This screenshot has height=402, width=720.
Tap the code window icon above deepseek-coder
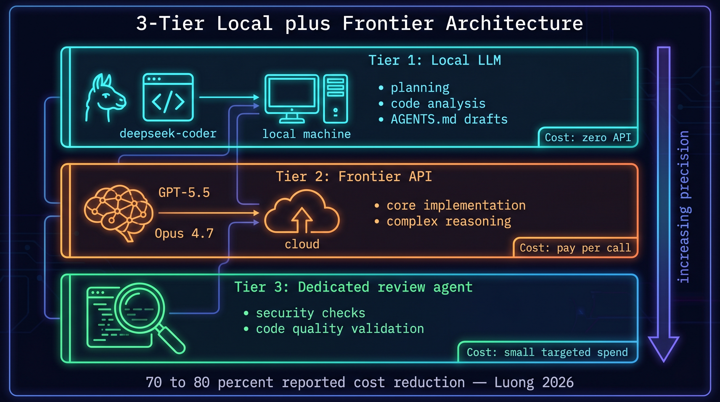(168, 97)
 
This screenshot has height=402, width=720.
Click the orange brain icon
(119, 213)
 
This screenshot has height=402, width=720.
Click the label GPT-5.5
(184, 193)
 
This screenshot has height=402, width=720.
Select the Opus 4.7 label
(184, 233)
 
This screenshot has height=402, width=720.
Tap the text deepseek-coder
(168, 134)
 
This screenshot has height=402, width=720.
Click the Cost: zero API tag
(588, 138)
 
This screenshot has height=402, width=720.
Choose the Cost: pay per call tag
(575, 248)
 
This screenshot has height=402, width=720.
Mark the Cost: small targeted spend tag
(547, 352)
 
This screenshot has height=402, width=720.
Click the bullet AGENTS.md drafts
(449, 119)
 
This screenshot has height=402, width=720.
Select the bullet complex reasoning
(449, 221)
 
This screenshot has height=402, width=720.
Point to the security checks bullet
(310, 313)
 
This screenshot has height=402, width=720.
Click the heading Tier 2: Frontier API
(353, 177)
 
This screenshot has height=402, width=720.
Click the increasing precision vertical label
(684, 207)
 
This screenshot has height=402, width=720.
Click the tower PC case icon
(335, 98)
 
